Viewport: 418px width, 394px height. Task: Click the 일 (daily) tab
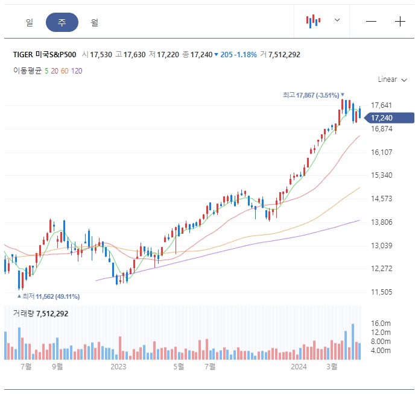point(30,22)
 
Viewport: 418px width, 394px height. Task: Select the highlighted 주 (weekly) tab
point(62,22)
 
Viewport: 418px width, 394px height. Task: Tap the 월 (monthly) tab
point(95,22)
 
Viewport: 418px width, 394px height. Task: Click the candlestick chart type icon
point(313,21)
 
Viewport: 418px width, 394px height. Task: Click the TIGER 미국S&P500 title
point(45,55)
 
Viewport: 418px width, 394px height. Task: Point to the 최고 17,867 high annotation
point(313,95)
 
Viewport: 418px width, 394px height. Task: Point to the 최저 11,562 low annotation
point(49,296)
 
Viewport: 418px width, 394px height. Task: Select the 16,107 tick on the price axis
point(382,152)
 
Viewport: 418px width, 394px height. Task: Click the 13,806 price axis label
point(382,222)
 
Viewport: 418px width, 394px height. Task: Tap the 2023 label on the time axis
point(118,366)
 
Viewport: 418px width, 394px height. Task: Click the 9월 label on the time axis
point(57,366)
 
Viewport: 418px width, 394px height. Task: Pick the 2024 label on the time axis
point(299,366)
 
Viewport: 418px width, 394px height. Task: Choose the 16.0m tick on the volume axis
point(381,324)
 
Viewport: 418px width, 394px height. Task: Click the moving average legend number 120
point(77,70)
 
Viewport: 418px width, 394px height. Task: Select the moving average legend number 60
point(65,70)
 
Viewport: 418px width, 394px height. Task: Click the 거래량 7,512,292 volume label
point(41,313)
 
